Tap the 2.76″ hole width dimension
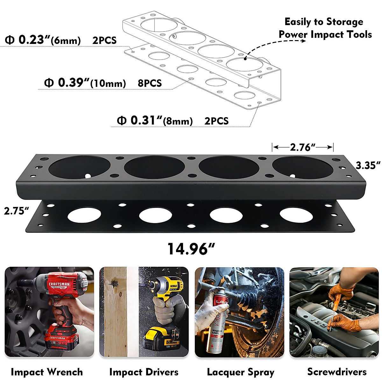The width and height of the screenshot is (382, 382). point(302,147)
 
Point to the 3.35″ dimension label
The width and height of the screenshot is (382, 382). point(368,166)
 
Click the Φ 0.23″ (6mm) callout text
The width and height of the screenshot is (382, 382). point(43,40)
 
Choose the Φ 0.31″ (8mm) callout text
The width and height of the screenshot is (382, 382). point(155,121)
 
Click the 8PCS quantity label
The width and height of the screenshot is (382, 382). point(150,83)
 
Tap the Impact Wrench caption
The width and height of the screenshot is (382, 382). point(47,372)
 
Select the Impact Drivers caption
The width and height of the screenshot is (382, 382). point(144,372)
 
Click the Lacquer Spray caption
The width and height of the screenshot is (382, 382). point(241,372)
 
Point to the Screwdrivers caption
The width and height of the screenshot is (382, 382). point(337,371)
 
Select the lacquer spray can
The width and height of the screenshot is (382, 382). point(217,322)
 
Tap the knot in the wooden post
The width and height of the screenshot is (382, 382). point(112,283)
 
